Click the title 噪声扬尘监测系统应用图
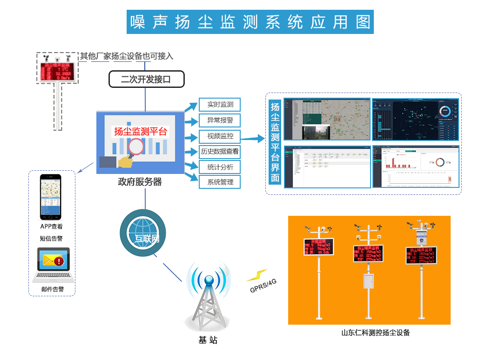point(250,22)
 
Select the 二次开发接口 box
point(146,80)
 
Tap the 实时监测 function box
point(220,105)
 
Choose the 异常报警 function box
point(220,120)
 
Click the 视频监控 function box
point(220,136)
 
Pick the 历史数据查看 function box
point(220,151)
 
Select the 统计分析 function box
point(220,167)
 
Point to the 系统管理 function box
point(220,182)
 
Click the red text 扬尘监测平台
point(140,132)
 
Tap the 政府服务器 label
point(140,182)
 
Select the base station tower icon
point(208,298)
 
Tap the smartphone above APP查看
point(50,197)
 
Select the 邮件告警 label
point(52,289)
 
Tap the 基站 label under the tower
point(208,340)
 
